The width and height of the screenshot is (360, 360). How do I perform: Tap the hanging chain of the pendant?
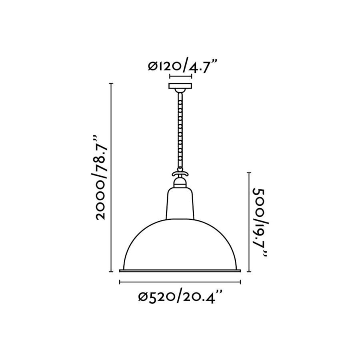click(x=180, y=131)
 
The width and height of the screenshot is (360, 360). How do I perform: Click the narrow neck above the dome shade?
click(x=180, y=204)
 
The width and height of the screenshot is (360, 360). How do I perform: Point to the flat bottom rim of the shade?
click(x=180, y=270)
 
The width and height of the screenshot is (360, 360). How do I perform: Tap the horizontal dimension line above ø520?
click(x=180, y=282)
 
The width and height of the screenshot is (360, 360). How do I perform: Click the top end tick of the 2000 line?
click(x=111, y=83)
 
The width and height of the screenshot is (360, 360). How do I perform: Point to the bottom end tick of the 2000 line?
click(x=111, y=271)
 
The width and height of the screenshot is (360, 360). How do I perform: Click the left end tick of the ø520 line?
click(x=120, y=282)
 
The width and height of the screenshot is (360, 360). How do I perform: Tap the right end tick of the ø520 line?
click(x=240, y=282)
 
